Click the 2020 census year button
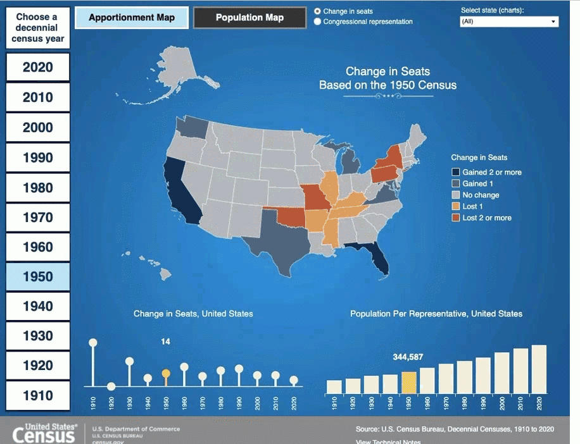point(38,67)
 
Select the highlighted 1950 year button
point(38,276)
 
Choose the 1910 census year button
point(38,395)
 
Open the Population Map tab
point(249,18)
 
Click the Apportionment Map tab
point(132,18)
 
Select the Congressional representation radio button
point(318,22)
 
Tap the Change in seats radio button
point(318,11)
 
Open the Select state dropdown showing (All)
point(509,22)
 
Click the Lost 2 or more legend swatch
point(455,218)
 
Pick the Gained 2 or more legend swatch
point(455,172)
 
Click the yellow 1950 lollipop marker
point(166,373)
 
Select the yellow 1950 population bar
point(408,382)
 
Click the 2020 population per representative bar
point(539,369)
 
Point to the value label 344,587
point(408,357)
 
